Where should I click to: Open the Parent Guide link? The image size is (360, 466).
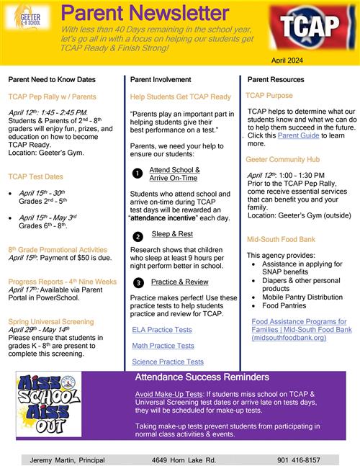point(298,135)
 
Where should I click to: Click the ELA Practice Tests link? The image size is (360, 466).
point(162,329)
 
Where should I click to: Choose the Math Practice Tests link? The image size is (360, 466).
point(163,346)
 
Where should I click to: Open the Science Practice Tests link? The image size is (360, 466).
point(168,362)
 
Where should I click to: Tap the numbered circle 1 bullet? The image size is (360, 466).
point(137,174)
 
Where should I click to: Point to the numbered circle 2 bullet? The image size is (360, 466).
point(137,236)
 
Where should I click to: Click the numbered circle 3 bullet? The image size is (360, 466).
point(137,282)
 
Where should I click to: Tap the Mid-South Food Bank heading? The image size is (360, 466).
point(281,239)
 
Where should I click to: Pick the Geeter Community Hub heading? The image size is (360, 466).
point(284,159)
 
